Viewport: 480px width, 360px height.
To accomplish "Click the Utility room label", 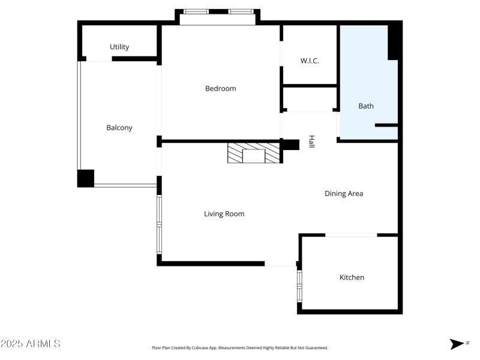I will tap(119, 47).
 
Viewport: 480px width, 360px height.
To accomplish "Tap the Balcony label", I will tap(119, 127).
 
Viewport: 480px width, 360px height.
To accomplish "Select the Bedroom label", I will tap(221, 88).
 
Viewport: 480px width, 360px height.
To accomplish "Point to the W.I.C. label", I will tap(310, 61).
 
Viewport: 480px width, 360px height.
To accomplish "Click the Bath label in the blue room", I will tap(366, 106).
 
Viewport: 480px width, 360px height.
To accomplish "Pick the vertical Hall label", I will tap(311, 142).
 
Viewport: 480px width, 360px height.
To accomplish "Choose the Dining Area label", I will tap(344, 193).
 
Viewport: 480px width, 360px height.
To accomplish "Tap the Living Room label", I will tap(224, 214).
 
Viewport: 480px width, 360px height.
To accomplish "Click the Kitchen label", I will tap(352, 277).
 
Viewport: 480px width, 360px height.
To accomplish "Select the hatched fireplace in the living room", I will tap(254, 154).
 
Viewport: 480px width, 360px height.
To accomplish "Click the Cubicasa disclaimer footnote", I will tap(240, 347).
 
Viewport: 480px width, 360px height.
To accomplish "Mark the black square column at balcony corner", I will tap(86, 178).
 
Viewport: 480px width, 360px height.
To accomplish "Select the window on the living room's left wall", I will tap(159, 224).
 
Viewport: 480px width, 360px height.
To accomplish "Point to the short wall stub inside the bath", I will tap(386, 125).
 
